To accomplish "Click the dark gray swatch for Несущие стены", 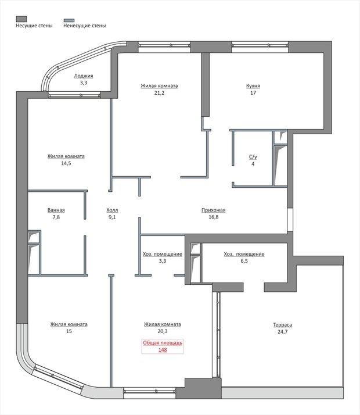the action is tap(21, 19).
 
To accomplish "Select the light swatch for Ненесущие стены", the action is tap(69, 20).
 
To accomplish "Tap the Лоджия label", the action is tap(84, 76).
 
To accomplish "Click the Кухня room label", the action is tap(253, 86).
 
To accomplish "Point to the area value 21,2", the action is tap(159, 93).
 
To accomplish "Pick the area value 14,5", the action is tap(66, 163).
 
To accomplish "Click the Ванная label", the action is tap(56, 210).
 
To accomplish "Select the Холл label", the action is tap(112, 210).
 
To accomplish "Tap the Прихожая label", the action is tap(213, 210).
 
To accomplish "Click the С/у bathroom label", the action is tap(253, 157).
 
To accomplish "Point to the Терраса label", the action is tap(282, 325).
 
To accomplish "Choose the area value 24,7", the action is tap(282, 332).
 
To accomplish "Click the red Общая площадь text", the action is tap(163, 343).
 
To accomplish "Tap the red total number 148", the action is tap(163, 350).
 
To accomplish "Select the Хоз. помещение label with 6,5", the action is tap(244, 254).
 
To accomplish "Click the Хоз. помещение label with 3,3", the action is tap(163, 254).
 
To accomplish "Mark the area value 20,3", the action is tap(163, 331).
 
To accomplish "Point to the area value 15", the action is tap(69, 331).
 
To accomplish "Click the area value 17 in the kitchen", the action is tap(253, 93).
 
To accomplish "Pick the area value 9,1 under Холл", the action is tap(112, 217).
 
